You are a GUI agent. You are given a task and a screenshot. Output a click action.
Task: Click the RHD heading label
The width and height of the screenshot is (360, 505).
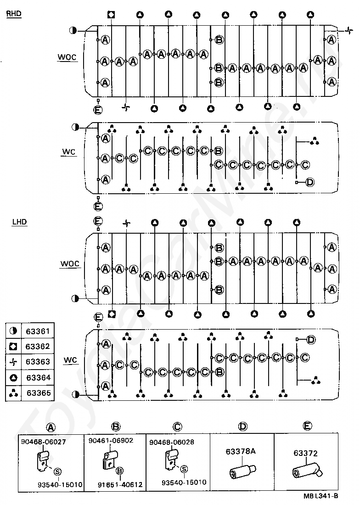point(14,14)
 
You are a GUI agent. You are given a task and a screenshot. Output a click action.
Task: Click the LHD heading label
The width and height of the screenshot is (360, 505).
point(19,222)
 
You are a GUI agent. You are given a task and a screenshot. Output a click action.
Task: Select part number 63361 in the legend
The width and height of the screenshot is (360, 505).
point(38,331)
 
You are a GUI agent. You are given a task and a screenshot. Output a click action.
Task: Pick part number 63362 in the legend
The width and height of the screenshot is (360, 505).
point(38,346)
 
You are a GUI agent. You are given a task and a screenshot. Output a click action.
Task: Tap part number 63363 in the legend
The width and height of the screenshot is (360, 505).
point(38,361)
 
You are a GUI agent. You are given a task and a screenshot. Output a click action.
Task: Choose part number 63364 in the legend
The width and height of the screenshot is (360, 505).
point(39,377)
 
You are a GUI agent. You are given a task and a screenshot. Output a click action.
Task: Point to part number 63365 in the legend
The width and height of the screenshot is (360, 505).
point(39,393)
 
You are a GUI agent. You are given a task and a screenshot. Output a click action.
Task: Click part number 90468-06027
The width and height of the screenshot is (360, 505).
point(44,442)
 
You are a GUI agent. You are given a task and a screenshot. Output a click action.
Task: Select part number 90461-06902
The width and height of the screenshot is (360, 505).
point(111,440)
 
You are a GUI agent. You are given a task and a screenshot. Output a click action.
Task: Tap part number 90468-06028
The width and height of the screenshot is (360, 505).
point(172,442)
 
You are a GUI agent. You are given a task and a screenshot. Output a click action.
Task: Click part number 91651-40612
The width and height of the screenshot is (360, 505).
point(120,484)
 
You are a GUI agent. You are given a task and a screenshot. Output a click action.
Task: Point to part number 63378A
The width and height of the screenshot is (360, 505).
point(241,451)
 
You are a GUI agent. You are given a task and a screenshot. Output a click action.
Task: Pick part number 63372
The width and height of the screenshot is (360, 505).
point(305,453)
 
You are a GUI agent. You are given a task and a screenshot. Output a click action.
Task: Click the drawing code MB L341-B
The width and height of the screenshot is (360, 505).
point(321,496)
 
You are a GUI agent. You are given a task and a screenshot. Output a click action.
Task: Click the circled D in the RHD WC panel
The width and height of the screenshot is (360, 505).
point(309,182)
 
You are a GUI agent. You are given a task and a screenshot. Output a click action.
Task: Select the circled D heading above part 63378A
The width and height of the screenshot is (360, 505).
point(243,427)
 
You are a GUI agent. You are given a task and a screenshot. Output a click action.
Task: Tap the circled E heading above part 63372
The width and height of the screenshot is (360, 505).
point(308,426)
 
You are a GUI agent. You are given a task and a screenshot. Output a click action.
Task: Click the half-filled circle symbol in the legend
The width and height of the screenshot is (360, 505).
point(13,331)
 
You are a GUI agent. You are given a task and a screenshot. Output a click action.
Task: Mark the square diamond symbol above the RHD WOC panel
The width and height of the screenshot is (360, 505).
point(112,15)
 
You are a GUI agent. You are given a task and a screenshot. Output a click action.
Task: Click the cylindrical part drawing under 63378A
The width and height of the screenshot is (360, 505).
point(242,471)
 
